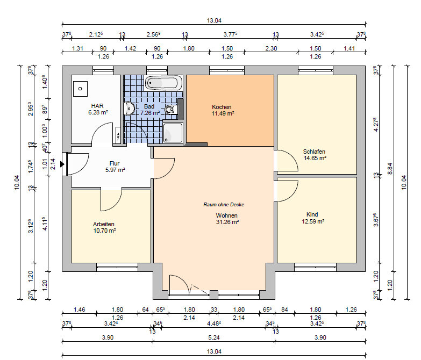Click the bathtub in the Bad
(x=163, y=83)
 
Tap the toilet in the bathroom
(x=171, y=110)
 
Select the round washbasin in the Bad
(x=129, y=109)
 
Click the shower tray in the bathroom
(x=173, y=133)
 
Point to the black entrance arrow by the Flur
(x=62, y=164)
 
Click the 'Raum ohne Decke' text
(x=224, y=204)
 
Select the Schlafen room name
(x=314, y=152)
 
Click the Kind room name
(x=312, y=214)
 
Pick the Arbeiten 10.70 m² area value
(x=104, y=231)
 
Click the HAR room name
(x=97, y=106)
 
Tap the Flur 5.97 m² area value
(x=115, y=170)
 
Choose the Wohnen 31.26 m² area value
(x=227, y=222)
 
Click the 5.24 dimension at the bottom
(x=214, y=337)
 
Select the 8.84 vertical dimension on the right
(x=390, y=169)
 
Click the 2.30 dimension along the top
(x=271, y=48)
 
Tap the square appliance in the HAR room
(x=80, y=89)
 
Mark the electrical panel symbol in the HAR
(x=118, y=135)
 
